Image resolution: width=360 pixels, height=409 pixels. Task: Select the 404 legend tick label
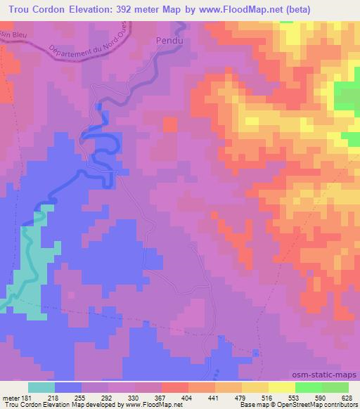188,398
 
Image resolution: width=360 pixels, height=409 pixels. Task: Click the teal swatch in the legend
41,387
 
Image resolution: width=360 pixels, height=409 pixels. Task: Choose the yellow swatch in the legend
281,387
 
